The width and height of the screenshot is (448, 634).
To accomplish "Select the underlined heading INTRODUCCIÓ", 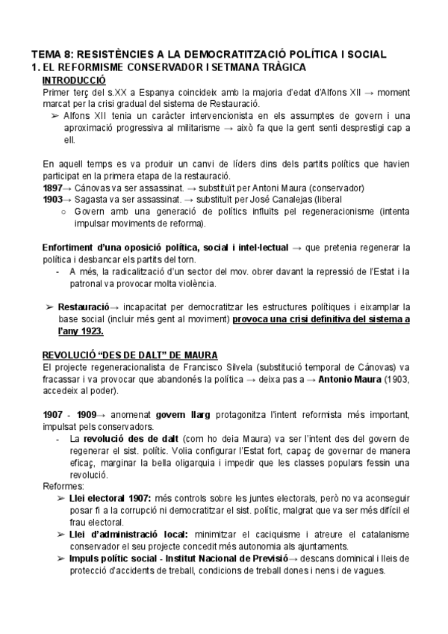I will click(74, 80).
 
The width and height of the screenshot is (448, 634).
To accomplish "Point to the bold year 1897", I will click(54, 188).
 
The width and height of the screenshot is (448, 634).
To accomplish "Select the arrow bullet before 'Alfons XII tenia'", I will click(55, 116).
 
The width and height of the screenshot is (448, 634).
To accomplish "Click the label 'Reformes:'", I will click(63, 486).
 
